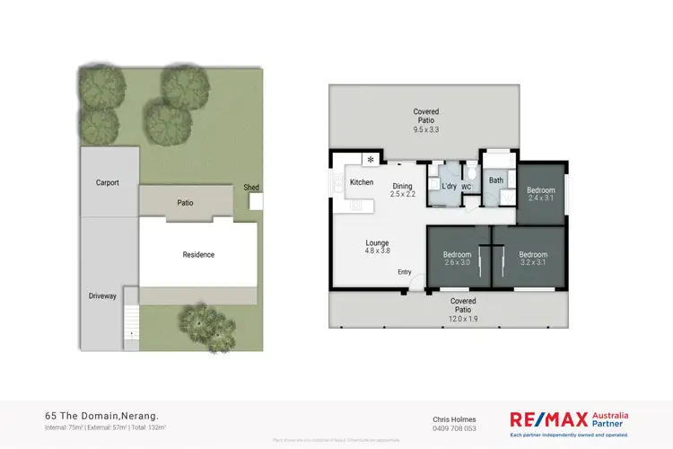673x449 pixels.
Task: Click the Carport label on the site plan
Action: (x=108, y=182)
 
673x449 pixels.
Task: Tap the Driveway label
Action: (x=102, y=296)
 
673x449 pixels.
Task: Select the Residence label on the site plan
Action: (x=198, y=254)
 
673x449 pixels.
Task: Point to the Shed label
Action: (x=251, y=188)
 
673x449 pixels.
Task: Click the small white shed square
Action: (x=256, y=202)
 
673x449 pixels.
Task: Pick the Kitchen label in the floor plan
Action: (x=362, y=182)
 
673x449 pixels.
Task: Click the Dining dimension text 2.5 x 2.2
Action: (x=402, y=194)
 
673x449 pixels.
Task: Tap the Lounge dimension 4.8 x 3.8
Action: (x=376, y=252)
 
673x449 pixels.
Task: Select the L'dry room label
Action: (x=449, y=186)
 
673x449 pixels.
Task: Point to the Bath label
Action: (x=496, y=180)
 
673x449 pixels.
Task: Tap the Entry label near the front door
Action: (x=404, y=273)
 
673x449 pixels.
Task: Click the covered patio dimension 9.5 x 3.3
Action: (x=424, y=129)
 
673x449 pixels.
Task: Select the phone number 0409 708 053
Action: (x=456, y=427)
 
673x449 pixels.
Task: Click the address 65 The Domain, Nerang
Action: (x=101, y=416)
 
